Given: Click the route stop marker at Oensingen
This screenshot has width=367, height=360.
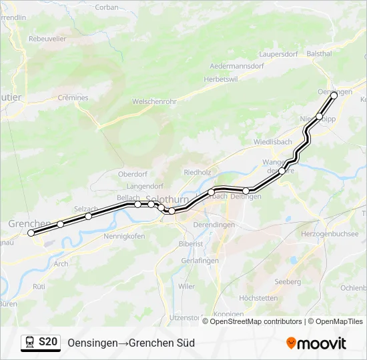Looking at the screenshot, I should point(334,95).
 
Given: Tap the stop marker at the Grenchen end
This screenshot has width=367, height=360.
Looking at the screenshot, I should point(31,233).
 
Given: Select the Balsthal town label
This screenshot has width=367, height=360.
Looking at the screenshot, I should point(319,53).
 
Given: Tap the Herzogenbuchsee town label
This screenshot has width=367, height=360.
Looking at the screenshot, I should point(330,234).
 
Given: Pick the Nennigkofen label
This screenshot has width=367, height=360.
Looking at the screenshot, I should point(124,236).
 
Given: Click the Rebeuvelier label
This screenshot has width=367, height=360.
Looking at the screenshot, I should point(47,39).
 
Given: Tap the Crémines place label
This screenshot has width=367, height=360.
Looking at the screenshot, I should point(73,98).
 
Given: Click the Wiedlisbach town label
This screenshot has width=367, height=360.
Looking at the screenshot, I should point(273,142).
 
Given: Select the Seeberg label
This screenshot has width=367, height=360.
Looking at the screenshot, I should point(288,282).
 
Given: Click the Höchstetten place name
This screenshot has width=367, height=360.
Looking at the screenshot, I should point(258,298).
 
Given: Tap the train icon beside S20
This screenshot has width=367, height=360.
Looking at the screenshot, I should point(29,342).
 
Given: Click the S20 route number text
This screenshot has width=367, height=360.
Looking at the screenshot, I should point(48,342).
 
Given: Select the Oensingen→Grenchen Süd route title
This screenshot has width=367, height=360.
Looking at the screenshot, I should point(131,343).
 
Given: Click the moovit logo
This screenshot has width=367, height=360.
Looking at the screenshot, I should point(316,343).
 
